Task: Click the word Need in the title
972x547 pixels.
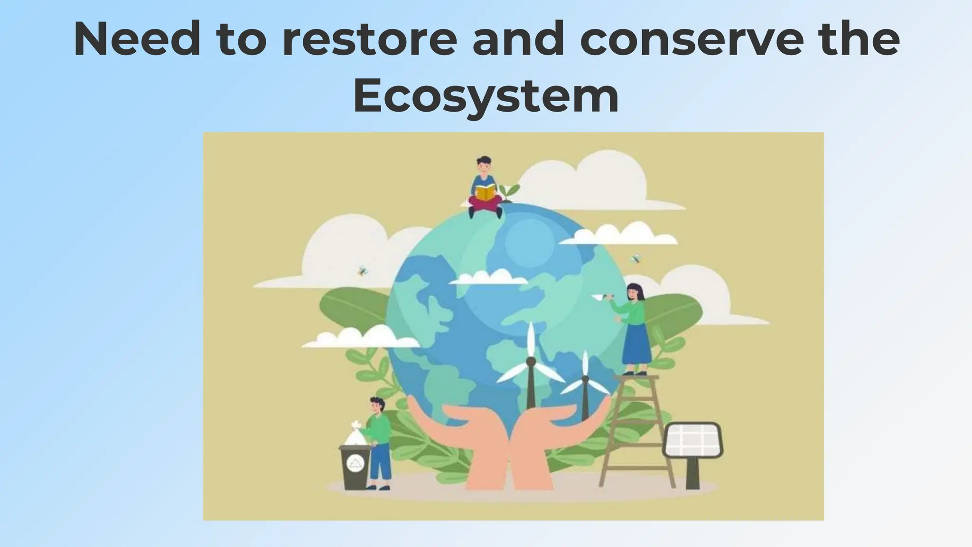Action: [137, 40]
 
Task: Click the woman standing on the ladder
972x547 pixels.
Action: [635, 328]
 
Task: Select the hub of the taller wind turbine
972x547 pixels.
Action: [531, 362]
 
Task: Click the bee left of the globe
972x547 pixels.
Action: [363, 271]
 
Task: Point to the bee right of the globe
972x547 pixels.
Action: [636, 259]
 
